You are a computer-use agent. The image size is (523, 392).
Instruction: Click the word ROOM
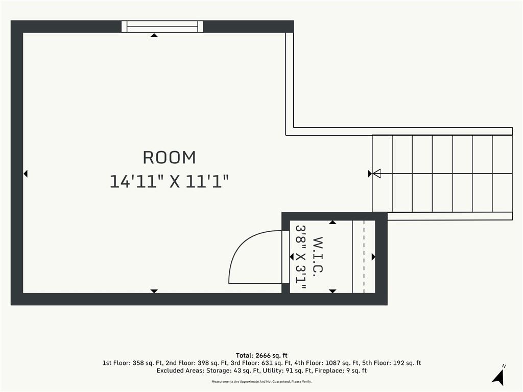pyautogui.click(x=169, y=158)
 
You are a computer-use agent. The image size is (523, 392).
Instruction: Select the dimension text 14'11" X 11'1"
pyautogui.click(x=169, y=182)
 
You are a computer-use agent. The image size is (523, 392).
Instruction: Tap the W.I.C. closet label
pyautogui.click(x=318, y=255)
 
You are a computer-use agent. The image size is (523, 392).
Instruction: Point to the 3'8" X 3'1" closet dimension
pyautogui.click(x=301, y=257)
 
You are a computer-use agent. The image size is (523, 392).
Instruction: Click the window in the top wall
pyautogui.click(x=162, y=27)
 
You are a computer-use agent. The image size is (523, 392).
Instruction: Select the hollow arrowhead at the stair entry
pyautogui.click(x=376, y=174)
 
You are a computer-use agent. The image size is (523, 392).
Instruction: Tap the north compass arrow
pyautogui.click(x=498, y=377)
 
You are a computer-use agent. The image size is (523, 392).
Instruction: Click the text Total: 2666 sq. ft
pyautogui.click(x=261, y=355)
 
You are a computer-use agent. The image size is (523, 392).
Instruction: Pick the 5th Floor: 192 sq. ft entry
pyautogui.click(x=392, y=363)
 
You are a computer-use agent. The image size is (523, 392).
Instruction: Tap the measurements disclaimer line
pyautogui.click(x=261, y=381)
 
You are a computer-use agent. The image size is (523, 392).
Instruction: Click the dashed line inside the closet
pyautogui.click(x=364, y=257)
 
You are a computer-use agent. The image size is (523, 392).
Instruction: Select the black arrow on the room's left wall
pyautogui.click(x=26, y=174)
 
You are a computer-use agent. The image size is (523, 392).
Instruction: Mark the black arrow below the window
pyautogui.click(x=154, y=35)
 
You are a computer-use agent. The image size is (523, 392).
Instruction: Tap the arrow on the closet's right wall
pyautogui.click(x=373, y=257)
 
